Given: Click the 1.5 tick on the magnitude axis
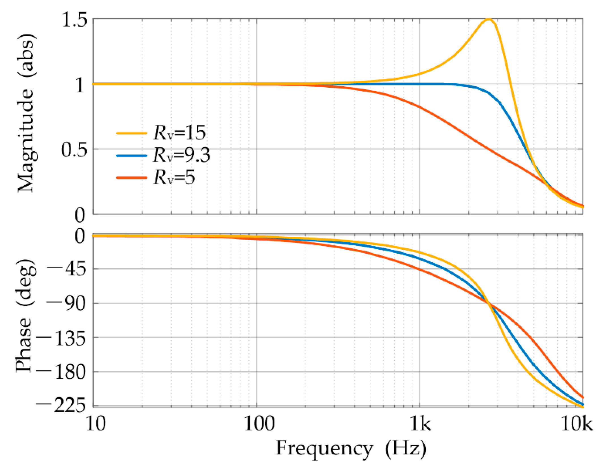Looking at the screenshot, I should [x=74, y=21].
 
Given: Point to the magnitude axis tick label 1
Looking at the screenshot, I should [x=80, y=85].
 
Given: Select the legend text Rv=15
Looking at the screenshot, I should [x=179, y=133].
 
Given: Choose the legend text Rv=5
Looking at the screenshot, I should [x=174, y=178].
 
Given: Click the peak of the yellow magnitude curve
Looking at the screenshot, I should [x=488, y=19].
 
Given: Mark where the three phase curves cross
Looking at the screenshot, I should [x=489, y=304].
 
